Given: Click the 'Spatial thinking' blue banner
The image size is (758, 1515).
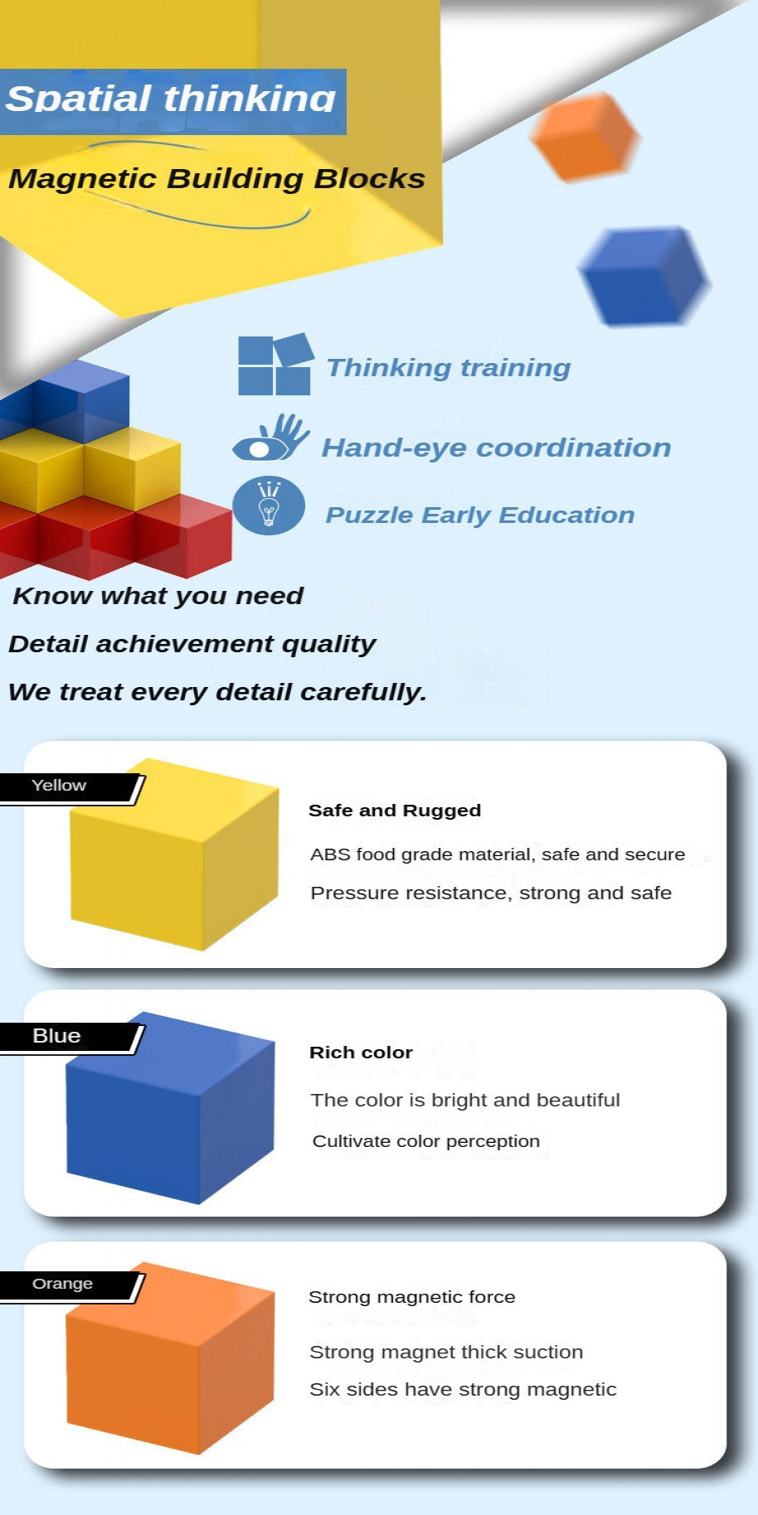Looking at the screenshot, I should pos(172,100).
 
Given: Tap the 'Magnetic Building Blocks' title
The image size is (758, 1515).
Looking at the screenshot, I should pos(216,179).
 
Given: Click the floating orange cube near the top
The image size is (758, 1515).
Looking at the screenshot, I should pos(585,137).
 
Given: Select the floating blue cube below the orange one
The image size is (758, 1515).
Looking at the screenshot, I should pos(644,276).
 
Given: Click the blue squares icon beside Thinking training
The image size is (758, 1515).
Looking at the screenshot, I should pos(275,365).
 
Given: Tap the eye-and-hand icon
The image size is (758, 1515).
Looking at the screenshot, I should pos(270,438).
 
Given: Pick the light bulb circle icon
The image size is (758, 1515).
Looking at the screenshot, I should pos(269,506).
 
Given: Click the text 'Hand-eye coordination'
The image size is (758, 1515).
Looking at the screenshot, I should pos(496,448).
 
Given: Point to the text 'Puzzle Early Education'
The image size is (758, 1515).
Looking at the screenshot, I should pos(479,515).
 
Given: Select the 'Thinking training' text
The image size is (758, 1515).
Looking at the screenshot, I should pos(448,368).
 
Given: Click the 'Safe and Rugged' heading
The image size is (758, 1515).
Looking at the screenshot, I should pos(394,811).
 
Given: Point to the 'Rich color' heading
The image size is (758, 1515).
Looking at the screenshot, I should pos(361,1053).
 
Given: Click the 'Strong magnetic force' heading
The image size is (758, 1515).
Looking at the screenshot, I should pos(411,1297).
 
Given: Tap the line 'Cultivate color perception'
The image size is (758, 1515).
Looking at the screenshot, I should pos(425,1141).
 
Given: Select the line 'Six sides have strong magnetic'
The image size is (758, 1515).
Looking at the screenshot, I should pos(463,1390).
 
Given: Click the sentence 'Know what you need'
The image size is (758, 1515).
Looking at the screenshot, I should pos(158,596).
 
